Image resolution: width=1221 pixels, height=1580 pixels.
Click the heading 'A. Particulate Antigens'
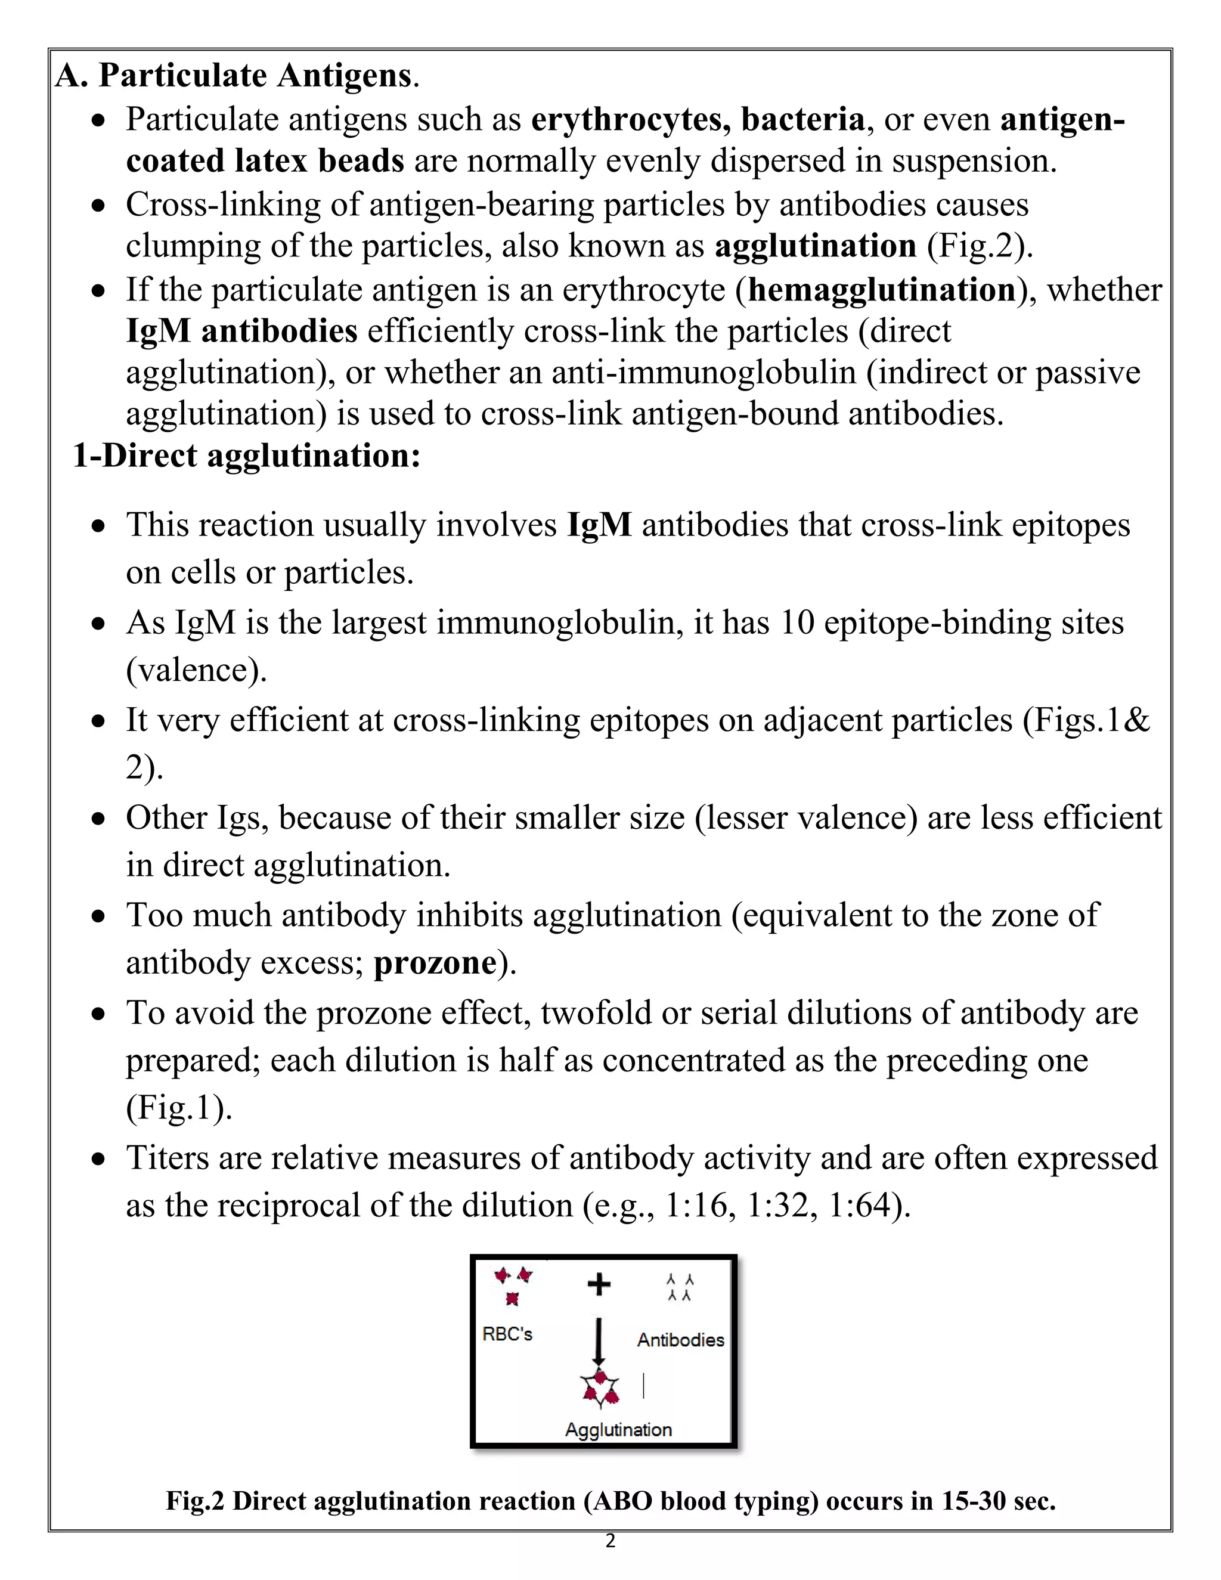(x=237, y=76)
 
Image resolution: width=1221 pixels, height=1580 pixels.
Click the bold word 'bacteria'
(x=803, y=119)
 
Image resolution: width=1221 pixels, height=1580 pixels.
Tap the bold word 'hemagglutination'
(x=882, y=290)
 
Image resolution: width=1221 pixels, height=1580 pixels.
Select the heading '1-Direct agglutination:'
(x=247, y=456)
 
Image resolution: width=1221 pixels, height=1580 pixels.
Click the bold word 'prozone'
(x=435, y=963)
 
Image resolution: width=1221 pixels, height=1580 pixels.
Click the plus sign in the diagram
(x=598, y=1285)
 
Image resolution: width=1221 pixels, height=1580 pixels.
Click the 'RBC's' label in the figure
(x=507, y=1334)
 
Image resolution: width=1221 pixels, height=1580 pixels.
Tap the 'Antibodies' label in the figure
(x=680, y=1340)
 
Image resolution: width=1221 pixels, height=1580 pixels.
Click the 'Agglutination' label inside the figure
(x=618, y=1430)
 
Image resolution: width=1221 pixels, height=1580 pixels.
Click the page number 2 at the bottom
(x=610, y=1540)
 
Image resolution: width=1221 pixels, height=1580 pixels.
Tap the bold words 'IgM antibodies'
(x=241, y=332)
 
